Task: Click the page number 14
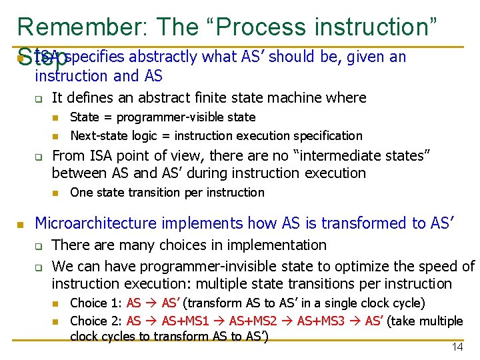coord(457,347)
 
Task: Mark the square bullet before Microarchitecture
coord(21,223)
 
